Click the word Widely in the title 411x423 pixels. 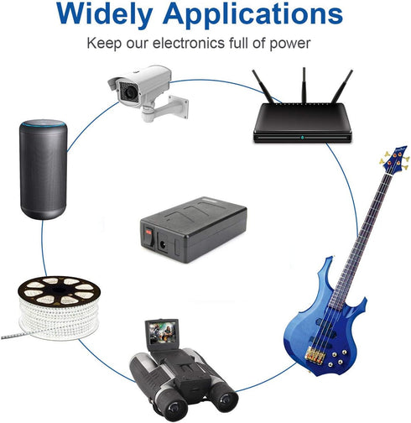[x=104, y=13]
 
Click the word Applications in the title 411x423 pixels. [x=252, y=13]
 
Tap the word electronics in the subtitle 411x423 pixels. [x=189, y=43]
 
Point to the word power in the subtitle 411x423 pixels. [x=290, y=44]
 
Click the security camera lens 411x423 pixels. [x=129, y=92]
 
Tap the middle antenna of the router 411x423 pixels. [x=304, y=85]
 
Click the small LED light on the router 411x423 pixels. [x=303, y=138]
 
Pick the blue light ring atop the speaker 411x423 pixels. [x=44, y=123]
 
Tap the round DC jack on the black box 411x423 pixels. [x=162, y=245]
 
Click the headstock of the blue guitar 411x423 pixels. [x=395, y=159]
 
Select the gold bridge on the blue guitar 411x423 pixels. [x=315, y=354]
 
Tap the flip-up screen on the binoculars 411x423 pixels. [x=162, y=332]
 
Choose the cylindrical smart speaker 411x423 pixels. [x=44, y=169]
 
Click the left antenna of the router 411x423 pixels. [x=263, y=86]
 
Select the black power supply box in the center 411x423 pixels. [x=193, y=230]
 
